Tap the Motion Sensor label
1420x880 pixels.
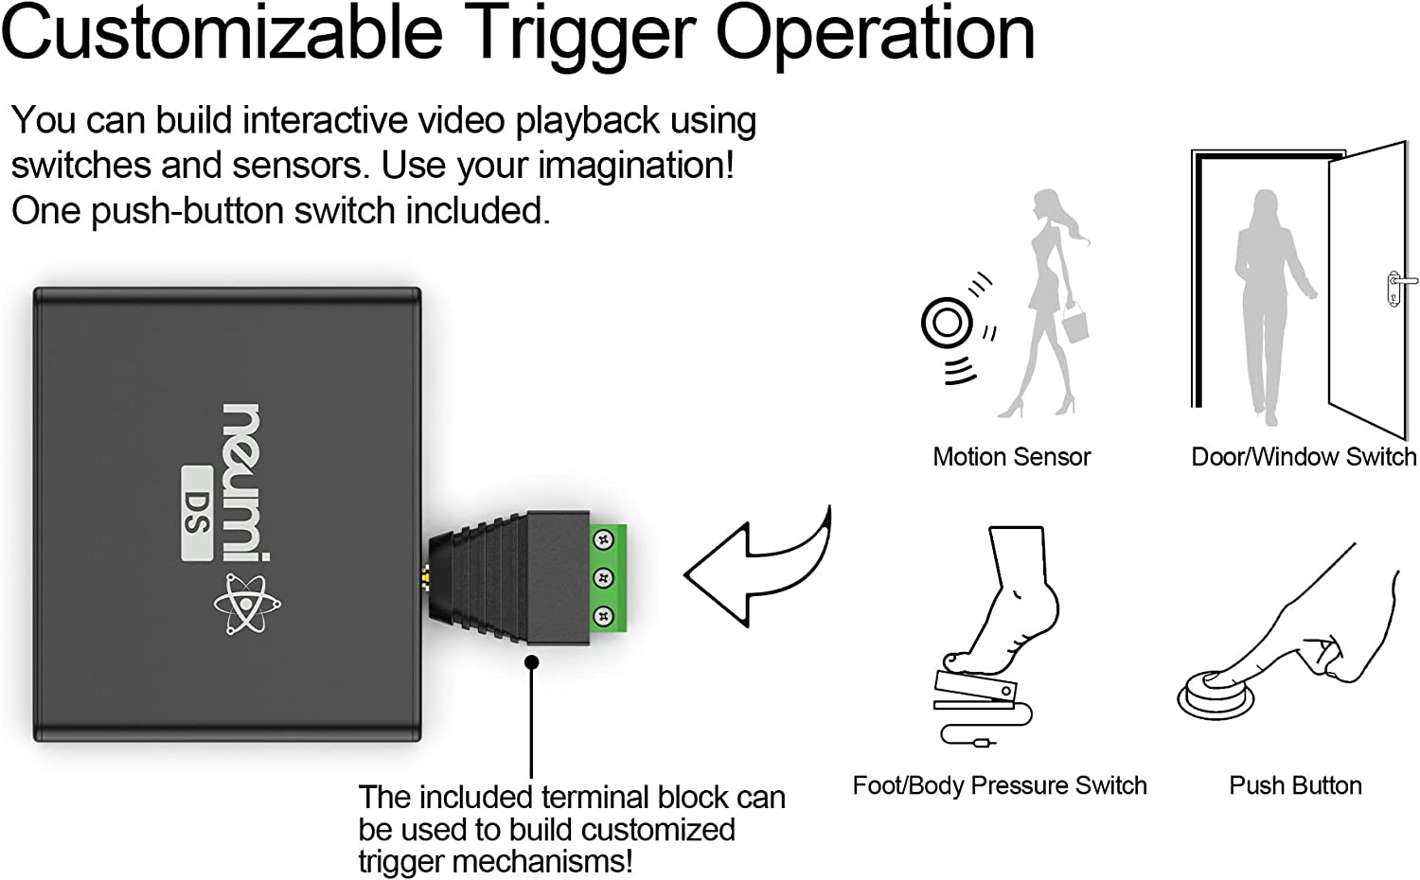coord(1011,457)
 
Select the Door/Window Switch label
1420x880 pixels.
coord(1303,457)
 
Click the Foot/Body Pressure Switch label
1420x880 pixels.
coord(1000,785)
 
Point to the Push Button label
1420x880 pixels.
coord(1295,785)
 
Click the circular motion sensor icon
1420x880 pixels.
coord(947,323)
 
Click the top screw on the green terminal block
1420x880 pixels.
coord(603,540)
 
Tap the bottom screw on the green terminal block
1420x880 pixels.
coord(603,616)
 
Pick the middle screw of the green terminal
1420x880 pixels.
coord(603,578)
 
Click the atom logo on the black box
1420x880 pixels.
coord(247,605)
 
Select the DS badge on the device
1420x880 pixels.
coord(197,513)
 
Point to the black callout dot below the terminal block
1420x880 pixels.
coord(532,662)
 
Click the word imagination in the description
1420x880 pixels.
coord(636,166)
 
